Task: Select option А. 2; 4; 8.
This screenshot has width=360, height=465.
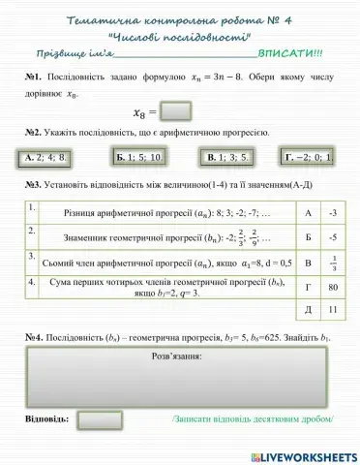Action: point(45,156)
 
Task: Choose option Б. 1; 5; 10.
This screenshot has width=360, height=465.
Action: point(138,156)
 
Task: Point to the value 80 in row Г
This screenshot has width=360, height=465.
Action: point(332,287)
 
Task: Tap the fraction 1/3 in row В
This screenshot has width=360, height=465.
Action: point(332,263)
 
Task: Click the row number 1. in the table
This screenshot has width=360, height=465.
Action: point(33,208)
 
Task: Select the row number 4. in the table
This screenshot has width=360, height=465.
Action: point(33,282)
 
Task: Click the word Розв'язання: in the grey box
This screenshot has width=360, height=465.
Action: point(175,357)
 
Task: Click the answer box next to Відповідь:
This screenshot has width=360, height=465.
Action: point(100,419)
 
